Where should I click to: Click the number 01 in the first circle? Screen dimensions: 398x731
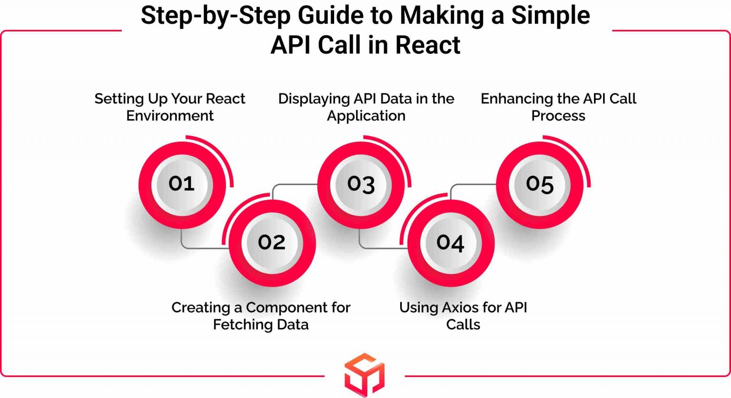point(181,184)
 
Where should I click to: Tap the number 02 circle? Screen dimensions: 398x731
point(272,243)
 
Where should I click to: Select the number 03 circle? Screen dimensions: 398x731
point(361,184)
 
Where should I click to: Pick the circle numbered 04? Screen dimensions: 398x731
point(450,243)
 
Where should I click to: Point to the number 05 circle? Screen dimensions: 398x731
point(540,184)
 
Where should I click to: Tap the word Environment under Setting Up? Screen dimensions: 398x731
point(170,116)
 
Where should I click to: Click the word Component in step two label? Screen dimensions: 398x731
point(279,308)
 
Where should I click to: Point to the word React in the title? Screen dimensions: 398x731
point(427,45)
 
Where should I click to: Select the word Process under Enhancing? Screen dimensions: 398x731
point(558,116)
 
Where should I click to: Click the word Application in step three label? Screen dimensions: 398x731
point(366,116)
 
